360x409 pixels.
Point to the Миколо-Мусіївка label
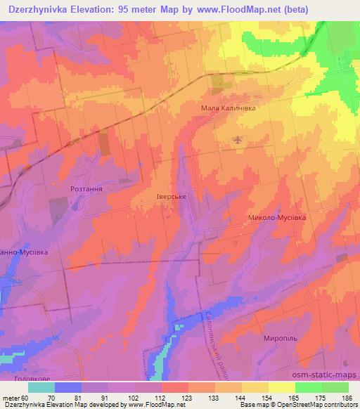[278, 218]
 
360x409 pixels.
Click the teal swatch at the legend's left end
[41, 387]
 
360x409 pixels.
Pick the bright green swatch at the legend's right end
[335, 387]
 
